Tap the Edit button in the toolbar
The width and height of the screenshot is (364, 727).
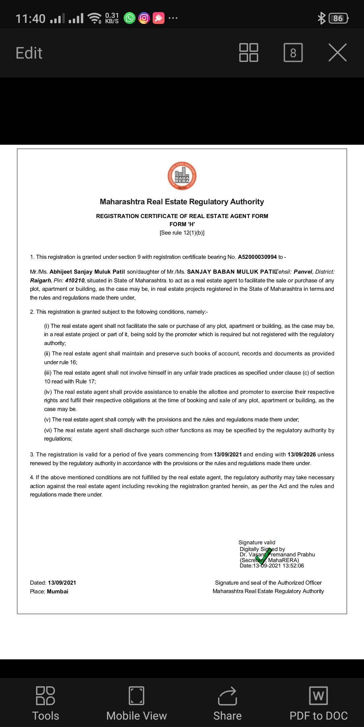pos(29,53)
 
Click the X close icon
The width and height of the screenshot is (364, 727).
pos(337,53)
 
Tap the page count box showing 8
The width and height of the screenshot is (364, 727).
pos(293,53)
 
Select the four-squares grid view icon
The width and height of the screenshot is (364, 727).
pos(249,53)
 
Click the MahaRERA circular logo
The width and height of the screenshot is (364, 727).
pos(182,176)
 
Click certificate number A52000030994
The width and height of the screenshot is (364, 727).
pos(257,257)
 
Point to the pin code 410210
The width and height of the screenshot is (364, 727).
pos(75,281)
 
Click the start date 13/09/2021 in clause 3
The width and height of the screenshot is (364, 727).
pos(228,455)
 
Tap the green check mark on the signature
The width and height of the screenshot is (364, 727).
pos(264,556)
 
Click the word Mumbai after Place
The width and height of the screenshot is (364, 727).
pos(58,592)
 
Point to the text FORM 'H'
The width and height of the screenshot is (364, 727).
pos(182,224)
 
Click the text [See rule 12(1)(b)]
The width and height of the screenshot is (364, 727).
pos(182,233)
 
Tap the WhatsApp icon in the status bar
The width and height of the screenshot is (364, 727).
pos(129,18)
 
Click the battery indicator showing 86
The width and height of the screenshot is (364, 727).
pos(338,18)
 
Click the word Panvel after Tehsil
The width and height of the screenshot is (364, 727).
pos(303,272)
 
